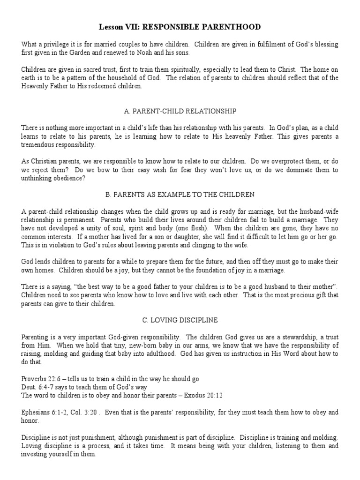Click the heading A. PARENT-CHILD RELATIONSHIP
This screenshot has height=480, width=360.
180,111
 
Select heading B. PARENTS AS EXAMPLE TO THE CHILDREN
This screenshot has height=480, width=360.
180,195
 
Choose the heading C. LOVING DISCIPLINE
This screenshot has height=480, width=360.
180,320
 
